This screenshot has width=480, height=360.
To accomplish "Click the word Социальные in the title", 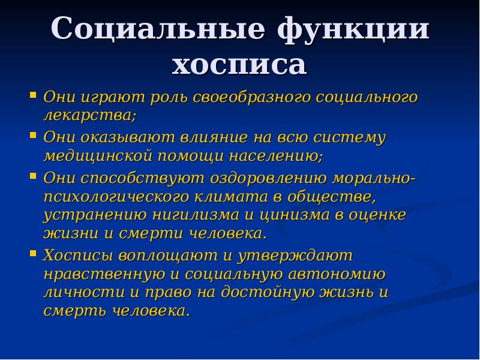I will coord(157,30).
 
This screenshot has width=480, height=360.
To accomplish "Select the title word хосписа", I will coord(239,64).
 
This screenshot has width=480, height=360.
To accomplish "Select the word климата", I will coord(226,196).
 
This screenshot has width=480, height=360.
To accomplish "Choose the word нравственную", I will coord(101,274).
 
